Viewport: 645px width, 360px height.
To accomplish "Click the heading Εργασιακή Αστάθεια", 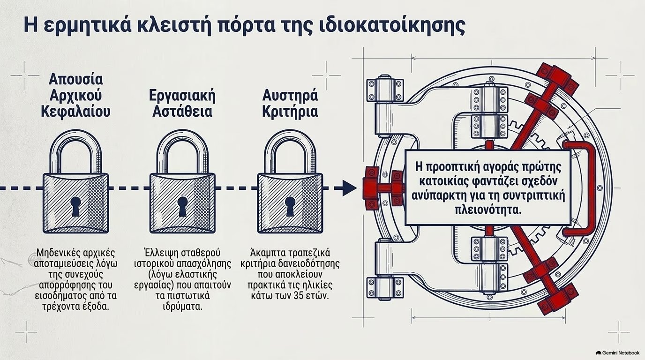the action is [x=182, y=104].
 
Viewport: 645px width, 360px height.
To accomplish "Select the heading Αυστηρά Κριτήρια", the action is [x=290, y=104].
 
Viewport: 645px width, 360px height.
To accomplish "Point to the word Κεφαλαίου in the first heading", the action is [x=76, y=112].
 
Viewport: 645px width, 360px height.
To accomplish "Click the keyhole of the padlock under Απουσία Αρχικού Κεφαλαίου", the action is [x=75, y=206].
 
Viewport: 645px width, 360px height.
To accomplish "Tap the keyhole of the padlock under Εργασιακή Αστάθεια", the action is [x=182, y=206].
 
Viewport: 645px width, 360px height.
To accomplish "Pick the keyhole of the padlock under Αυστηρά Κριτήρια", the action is [x=290, y=206].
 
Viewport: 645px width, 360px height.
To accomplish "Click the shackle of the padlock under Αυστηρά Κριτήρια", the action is [x=290, y=135].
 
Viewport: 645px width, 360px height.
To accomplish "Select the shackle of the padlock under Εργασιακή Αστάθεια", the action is [x=182, y=135].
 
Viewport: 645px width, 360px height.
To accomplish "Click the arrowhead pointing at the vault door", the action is [x=350, y=188].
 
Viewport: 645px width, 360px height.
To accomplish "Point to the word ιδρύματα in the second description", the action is [x=182, y=307].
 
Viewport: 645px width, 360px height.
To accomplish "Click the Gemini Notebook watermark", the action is [x=618, y=353].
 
